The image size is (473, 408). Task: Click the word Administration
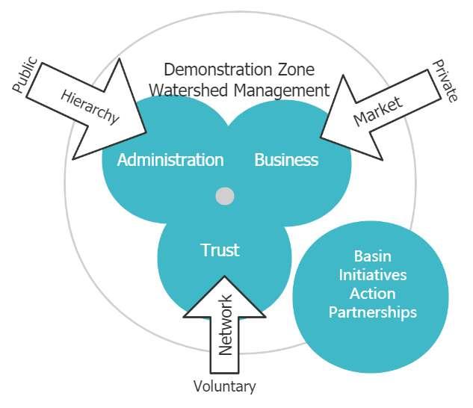170,160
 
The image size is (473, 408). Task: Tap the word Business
286,160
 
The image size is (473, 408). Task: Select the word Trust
220,250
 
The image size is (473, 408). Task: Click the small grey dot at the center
225,197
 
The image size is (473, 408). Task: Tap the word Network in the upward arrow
226,324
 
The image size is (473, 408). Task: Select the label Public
27,76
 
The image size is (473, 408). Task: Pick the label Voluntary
224,386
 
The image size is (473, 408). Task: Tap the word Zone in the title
293,70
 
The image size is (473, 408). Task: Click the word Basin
372,256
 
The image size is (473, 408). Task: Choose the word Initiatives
372,275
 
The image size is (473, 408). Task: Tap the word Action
372,294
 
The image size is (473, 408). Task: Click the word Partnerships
372,312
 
